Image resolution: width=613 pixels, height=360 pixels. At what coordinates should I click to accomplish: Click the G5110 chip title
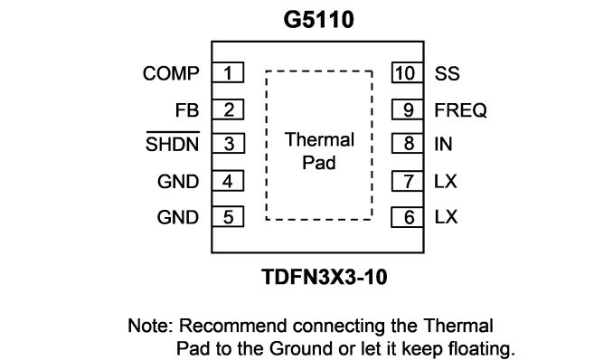[318, 20]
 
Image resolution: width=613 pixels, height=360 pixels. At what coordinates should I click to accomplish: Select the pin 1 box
[228, 72]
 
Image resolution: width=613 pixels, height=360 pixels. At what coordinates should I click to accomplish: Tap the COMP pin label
[171, 73]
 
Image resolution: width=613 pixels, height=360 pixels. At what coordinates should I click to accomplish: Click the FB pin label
[187, 110]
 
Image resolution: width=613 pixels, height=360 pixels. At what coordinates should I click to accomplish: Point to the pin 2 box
[228, 109]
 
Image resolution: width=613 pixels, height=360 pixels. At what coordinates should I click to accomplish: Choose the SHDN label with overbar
[173, 142]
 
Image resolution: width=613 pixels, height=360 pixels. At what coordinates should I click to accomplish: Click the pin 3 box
[229, 143]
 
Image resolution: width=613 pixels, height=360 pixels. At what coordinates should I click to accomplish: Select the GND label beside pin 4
[178, 182]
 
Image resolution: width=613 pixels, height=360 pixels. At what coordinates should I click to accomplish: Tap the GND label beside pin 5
[178, 217]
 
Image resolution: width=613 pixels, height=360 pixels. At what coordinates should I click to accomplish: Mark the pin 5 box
[228, 217]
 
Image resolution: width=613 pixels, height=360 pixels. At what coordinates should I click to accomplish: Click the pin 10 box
[408, 72]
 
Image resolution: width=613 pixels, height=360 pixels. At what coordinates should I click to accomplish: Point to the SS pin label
[448, 73]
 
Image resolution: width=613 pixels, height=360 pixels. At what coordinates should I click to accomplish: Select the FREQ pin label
[461, 110]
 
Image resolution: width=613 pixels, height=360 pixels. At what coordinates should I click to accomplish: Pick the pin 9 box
[408, 109]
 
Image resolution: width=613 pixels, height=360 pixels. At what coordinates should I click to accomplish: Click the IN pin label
[444, 144]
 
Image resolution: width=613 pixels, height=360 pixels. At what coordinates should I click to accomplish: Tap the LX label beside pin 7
[446, 181]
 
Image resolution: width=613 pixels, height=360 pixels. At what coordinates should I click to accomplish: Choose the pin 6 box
[408, 217]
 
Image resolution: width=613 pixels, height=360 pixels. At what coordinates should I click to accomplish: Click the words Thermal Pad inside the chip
[319, 151]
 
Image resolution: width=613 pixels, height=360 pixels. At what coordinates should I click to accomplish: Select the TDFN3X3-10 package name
[325, 277]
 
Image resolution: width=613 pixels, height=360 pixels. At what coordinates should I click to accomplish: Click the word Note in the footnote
[150, 326]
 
